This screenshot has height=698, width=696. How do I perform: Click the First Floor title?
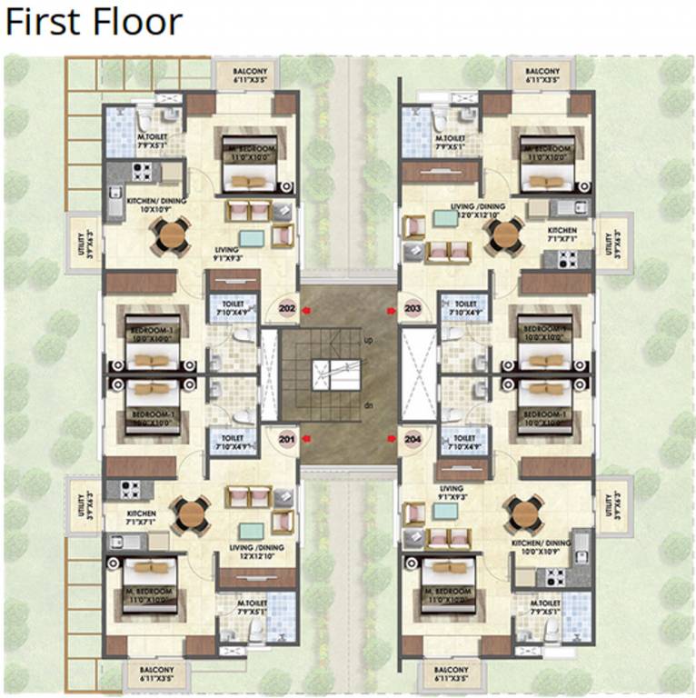[94, 23]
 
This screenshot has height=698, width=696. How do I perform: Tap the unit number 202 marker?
[289, 307]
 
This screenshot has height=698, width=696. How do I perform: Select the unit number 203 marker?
[413, 307]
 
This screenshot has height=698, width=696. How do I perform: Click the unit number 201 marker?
[289, 437]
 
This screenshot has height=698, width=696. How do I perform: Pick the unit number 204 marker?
[413, 437]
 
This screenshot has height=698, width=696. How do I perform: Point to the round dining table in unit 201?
[192, 514]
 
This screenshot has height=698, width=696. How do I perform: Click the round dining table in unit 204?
[525, 514]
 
